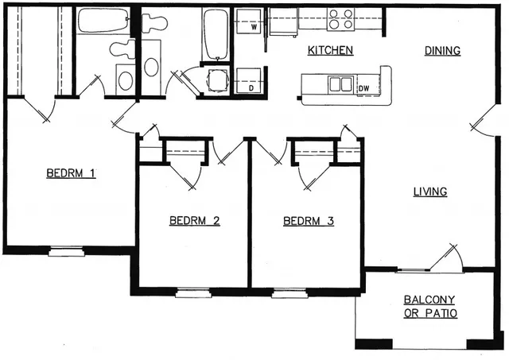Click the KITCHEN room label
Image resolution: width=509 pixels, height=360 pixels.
pos(330,51)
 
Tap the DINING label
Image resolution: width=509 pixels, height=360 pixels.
pos(442,51)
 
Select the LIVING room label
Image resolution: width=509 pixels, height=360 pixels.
pos(430,192)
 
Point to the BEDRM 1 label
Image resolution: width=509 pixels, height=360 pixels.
pos(71,173)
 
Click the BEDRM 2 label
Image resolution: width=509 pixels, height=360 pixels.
pos(194,221)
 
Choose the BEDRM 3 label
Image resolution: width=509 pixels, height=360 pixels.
pos(309,221)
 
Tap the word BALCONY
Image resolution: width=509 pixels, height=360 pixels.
pos(429,300)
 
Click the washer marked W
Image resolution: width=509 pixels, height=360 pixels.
pos(247,21)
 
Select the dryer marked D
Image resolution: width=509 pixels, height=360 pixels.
pos(248,80)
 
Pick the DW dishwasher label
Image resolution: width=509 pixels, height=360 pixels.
pos(364,88)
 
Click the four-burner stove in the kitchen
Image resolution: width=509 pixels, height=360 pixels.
pos(340,19)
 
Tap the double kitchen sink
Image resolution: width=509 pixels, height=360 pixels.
pos(340,85)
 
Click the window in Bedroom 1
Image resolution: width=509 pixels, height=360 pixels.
pos(66,251)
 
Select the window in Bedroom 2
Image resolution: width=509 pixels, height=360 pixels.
pos(193,293)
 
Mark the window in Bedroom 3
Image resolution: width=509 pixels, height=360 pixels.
pos(289,293)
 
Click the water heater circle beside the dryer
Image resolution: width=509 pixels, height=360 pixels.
pos(217,80)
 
